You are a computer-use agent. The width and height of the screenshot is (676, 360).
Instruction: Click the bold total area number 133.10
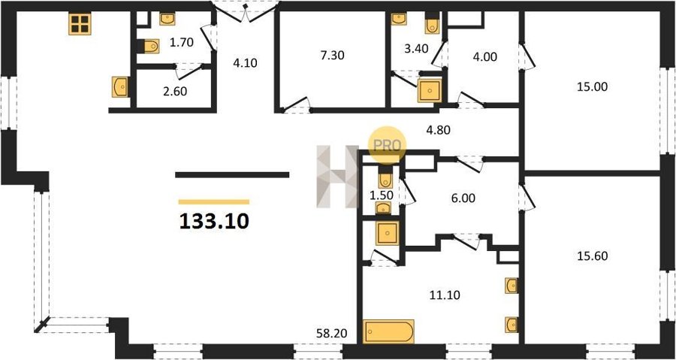point(214,221)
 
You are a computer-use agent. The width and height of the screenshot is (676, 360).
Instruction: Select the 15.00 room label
point(593,86)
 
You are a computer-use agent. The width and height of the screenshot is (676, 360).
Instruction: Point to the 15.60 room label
point(593,256)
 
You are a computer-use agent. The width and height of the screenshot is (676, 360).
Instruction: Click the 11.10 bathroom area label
point(445,295)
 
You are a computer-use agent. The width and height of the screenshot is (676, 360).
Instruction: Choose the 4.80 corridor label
point(438,130)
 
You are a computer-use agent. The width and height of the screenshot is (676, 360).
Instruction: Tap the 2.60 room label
point(174,92)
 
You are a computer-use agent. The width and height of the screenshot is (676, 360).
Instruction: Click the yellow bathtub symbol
point(388,331)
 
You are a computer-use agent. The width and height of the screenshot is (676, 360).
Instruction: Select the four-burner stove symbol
point(80,24)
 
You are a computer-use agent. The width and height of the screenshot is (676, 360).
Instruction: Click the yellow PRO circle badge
point(387,145)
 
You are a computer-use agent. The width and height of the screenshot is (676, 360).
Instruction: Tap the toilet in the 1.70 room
point(149,46)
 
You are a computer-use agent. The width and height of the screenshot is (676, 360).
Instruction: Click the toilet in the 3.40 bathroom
point(432,23)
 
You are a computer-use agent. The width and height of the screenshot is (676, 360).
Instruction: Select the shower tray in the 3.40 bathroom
point(430,90)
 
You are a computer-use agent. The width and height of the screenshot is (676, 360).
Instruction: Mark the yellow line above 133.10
point(214,201)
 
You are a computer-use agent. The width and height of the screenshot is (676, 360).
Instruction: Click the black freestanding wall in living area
point(232,174)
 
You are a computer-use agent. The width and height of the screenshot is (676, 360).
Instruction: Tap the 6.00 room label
point(463,198)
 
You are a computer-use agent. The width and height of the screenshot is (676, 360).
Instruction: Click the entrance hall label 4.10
point(245,63)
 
